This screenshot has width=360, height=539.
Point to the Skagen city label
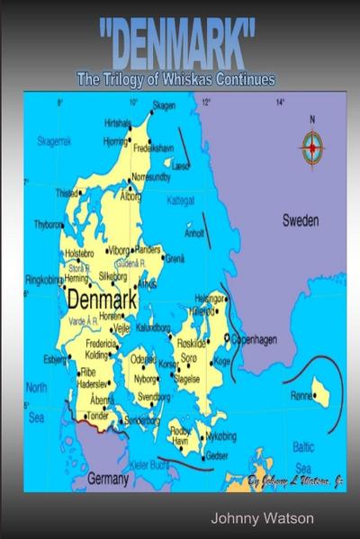163,105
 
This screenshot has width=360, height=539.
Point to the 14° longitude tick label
279,103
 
